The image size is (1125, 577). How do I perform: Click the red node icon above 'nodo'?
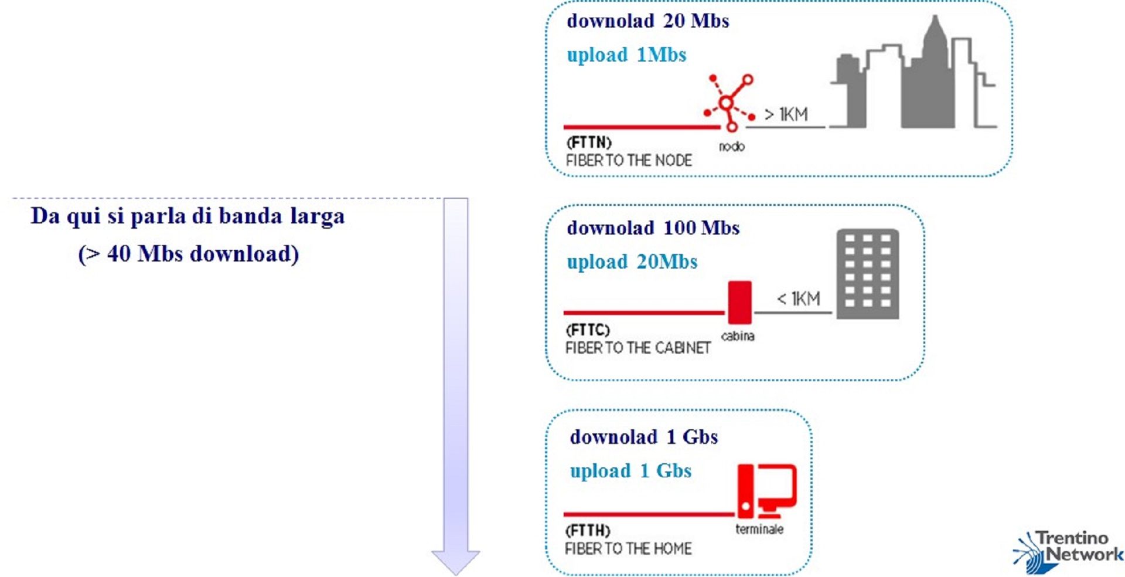coord(729,103)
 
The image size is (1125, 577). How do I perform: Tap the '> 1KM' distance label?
coord(786,114)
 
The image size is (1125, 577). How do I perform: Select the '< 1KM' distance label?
coord(799,298)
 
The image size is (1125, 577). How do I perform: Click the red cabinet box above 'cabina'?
coord(739,302)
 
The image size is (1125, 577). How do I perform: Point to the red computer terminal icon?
coord(766,491)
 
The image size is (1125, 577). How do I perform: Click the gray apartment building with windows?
coord(867,274)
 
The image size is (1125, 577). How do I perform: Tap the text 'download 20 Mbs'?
coord(647,21)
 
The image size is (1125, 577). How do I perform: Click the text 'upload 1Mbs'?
coord(626,55)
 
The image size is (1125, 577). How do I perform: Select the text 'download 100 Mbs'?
coord(653,228)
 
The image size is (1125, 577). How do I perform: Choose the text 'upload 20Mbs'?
coord(632,262)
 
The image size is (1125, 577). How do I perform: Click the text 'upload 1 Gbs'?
coord(630,471)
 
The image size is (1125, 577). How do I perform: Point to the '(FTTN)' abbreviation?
coord(589,142)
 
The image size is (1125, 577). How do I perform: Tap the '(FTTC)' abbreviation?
coord(588,330)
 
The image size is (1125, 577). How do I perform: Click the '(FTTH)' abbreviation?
coord(588,531)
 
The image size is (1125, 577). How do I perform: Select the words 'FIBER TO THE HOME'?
coord(628,549)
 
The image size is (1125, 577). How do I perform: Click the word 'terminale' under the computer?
coord(759,530)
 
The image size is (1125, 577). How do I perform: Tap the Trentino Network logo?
coord(1068,551)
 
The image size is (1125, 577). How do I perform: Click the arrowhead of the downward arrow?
coord(456,561)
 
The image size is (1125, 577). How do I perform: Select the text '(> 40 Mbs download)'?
coord(189,254)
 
